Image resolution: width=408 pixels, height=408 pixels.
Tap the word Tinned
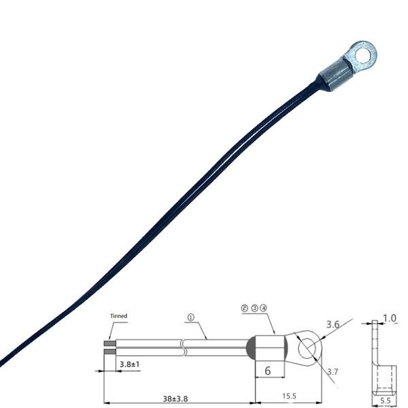[119, 316]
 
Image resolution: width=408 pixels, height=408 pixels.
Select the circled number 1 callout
[191, 317]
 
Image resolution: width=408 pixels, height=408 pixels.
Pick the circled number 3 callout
[254, 308]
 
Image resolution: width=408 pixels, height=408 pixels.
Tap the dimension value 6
[267, 371]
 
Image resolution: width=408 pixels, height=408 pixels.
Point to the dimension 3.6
[334, 324]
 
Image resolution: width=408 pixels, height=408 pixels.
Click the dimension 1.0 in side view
[389, 318]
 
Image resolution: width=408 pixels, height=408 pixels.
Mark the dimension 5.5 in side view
[384, 401]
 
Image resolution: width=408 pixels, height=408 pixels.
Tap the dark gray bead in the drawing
[250, 347]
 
